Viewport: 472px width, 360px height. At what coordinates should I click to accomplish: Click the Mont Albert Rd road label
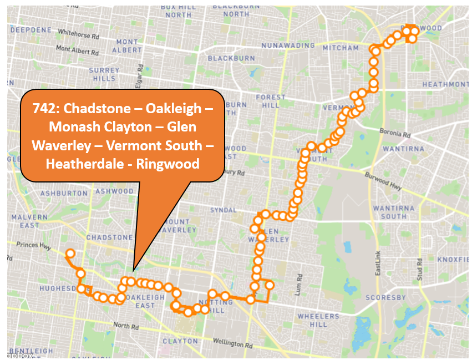(x=77, y=50)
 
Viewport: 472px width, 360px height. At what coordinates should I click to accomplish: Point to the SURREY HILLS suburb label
(x=104, y=74)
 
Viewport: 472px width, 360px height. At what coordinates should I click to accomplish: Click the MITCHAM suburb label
(x=341, y=48)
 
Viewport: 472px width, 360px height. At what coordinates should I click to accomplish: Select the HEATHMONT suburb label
(x=445, y=84)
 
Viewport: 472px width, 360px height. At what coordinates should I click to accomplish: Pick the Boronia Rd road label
(x=394, y=134)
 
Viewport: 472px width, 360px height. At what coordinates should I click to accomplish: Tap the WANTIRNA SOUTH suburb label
(x=390, y=212)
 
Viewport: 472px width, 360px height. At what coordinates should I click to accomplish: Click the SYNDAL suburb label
(x=224, y=210)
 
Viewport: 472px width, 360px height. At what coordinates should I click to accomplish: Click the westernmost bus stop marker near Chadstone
(x=70, y=254)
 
